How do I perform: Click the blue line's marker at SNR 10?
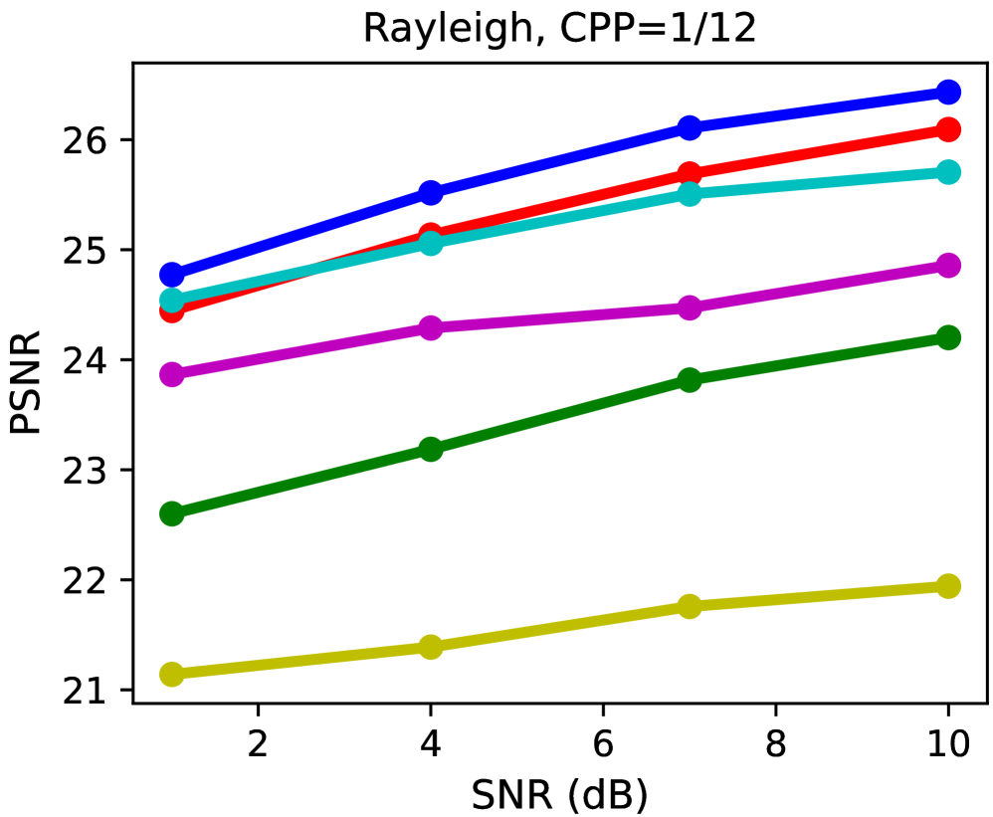pyautogui.click(x=948, y=93)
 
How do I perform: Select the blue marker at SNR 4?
pyautogui.click(x=431, y=192)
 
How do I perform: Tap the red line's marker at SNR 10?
pyautogui.click(x=948, y=129)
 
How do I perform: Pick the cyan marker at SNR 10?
pyautogui.click(x=948, y=172)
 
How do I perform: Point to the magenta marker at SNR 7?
pyautogui.click(x=690, y=307)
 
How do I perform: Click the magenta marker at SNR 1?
pyautogui.click(x=171, y=374)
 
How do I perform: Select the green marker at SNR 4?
pyautogui.click(x=431, y=449)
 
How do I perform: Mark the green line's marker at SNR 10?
pyautogui.click(x=948, y=337)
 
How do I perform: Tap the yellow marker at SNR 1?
pyautogui.click(x=171, y=675)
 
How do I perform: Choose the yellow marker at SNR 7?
pyautogui.click(x=690, y=606)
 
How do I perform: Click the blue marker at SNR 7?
pyautogui.click(x=690, y=127)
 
